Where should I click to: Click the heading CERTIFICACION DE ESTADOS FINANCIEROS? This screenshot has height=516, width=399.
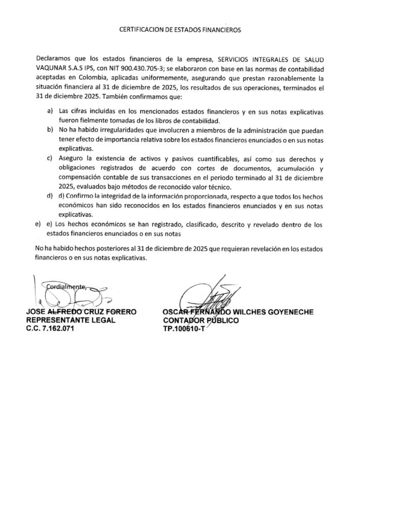coord(180,30)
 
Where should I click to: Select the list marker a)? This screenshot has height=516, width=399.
coord(49,110)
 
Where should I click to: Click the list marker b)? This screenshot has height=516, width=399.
coord(49,130)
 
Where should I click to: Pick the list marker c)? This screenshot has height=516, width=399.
coord(49,158)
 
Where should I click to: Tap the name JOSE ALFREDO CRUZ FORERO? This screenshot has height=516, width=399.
coord(81,312)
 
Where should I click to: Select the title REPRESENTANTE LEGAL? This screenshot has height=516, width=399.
coord(71,320)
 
